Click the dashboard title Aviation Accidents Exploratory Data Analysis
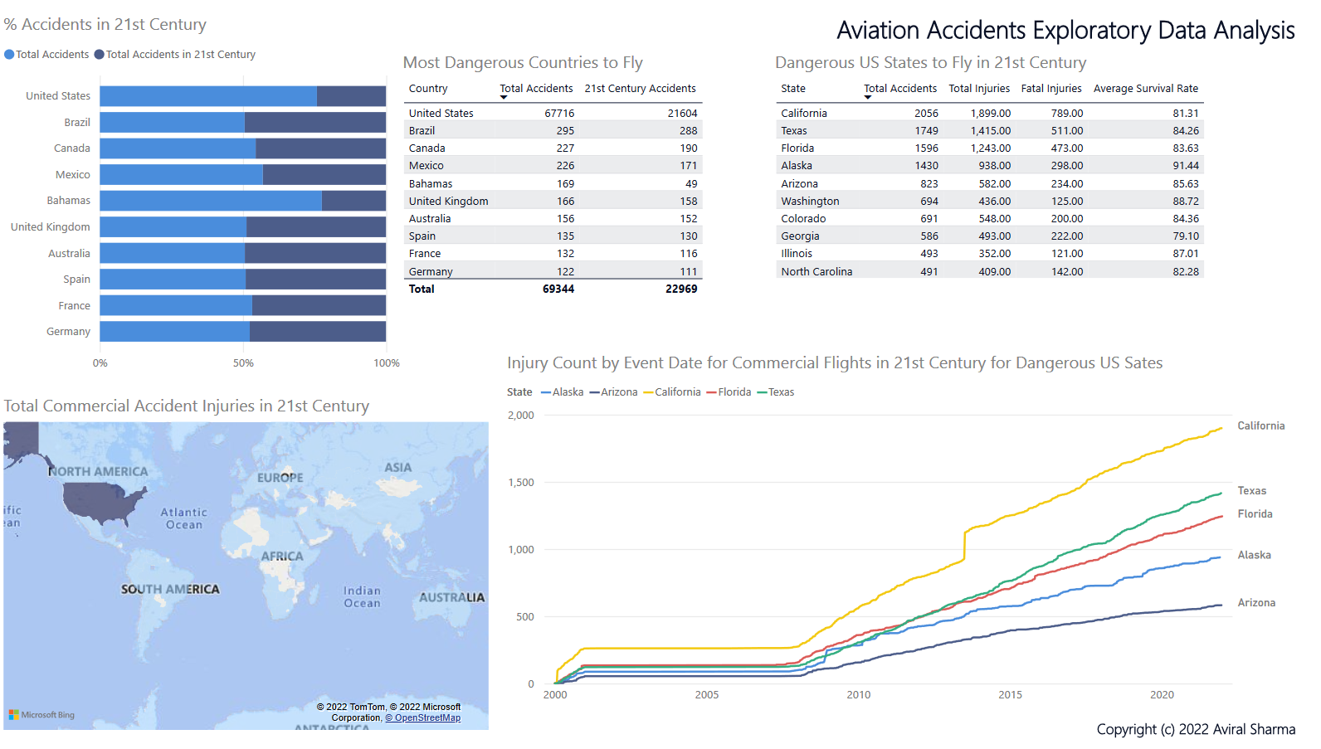[1065, 31]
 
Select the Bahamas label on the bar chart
[68, 201]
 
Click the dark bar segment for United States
[351, 96]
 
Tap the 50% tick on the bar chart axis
[243, 363]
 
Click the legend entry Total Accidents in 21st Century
[180, 55]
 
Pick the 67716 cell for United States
[559, 114]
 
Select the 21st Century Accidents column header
[640, 89]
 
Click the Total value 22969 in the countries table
[681, 289]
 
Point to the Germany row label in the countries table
[431, 272]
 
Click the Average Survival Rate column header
[1145, 89]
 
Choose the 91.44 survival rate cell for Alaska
[1185, 166]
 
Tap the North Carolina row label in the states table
[816, 272]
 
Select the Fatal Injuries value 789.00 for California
[1066, 114]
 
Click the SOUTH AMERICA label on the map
[170, 590]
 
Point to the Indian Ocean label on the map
[362, 597]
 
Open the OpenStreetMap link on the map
[427, 718]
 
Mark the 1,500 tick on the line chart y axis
[521, 483]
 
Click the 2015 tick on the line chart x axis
[1010, 695]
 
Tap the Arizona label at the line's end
[1256, 603]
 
